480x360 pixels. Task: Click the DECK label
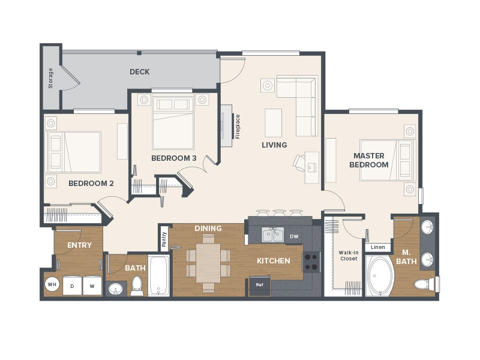[139, 72]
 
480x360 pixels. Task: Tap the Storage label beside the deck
[50, 78]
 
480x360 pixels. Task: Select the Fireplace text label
[238, 127]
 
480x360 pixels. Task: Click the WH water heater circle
[52, 285]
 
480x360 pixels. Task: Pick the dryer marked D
[73, 286]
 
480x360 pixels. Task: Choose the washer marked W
[92, 286]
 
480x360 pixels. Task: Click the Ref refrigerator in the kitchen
[260, 284]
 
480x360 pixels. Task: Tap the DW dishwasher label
[294, 236]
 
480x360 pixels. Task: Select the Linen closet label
[378, 247]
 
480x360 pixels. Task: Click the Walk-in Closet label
[349, 255]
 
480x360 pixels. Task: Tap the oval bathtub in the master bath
[379, 277]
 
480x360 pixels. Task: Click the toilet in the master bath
[424, 284]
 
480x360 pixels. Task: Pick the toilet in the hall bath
[137, 286]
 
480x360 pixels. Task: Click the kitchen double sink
[273, 235]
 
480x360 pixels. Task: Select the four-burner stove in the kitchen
[311, 262]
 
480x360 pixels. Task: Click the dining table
[208, 262]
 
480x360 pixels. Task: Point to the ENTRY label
[79, 245]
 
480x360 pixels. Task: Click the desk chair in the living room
[299, 162]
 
